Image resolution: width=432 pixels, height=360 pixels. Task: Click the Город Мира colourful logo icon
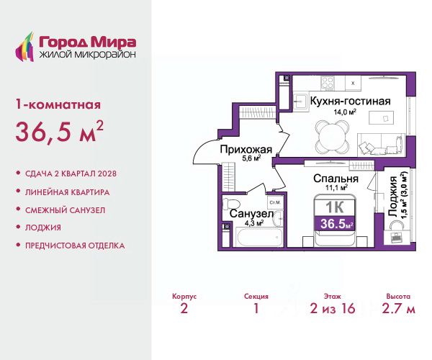tap(24, 47)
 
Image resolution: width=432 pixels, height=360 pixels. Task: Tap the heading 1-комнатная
tap(58, 104)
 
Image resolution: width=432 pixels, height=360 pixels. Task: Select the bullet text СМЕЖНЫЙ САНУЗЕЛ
tap(65, 210)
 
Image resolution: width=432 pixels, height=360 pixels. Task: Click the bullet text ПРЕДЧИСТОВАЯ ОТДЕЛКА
tap(75, 246)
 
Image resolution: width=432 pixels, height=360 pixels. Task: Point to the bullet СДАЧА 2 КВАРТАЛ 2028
tap(71, 174)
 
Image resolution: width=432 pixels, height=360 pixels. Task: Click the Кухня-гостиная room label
tap(351, 101)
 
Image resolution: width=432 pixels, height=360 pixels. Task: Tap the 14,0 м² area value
tap(345, 112)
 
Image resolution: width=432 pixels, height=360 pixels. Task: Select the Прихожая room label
tap(246, 150)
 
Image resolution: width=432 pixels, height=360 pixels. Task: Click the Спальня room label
tap(336, 179)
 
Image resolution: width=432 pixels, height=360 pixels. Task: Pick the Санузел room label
tap(251, 214)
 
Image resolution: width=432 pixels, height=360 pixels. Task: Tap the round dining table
tap(332, 135)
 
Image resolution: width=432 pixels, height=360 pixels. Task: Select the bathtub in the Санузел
tap(260, 237)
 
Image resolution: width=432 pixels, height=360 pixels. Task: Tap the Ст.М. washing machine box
tap(275, 203)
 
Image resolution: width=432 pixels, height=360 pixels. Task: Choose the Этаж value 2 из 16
tap(332, 308)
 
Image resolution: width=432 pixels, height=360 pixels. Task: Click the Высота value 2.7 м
tap(398, 308)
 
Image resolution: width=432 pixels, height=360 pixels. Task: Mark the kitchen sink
tap(300, 102)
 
